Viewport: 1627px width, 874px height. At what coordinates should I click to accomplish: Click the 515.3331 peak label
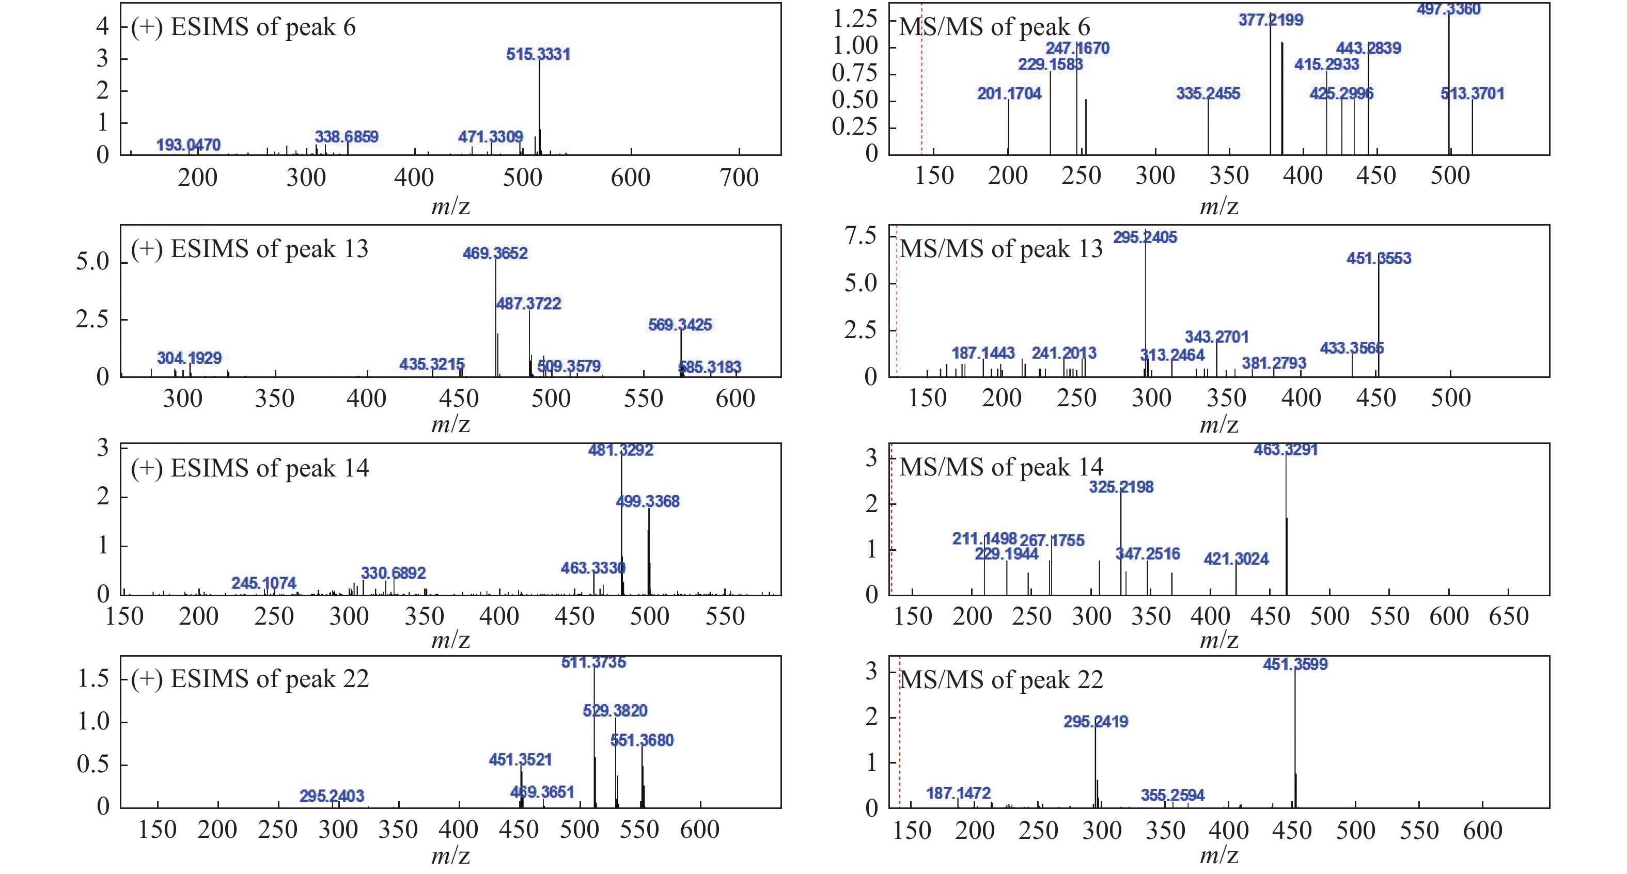[x=538, y=54]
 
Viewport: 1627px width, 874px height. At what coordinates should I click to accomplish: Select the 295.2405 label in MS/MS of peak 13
[x=1145, y=237]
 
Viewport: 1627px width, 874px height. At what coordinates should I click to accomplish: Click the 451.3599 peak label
[x=1295, y=664]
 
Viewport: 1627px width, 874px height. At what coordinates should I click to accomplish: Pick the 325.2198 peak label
[x=1121, y=487]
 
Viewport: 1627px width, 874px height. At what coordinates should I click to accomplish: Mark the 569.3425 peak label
[x=680, y=325]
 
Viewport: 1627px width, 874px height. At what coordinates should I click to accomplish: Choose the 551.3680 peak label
[x=642, y=740]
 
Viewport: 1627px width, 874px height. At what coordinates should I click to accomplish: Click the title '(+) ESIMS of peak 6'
[x=243, y=27]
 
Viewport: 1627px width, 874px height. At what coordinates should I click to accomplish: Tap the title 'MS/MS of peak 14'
[x=1001, y=467]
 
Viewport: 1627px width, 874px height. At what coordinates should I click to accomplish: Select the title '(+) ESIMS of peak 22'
[x=249, y=679]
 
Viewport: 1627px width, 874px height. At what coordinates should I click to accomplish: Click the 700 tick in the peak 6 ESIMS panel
[x=739, y=178]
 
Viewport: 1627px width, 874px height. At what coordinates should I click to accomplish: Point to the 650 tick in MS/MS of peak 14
[x=1508, y=616]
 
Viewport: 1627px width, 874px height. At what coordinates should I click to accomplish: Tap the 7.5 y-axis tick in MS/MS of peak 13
[x=860, y=236]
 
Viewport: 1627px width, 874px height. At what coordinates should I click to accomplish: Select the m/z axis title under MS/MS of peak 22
[x=1218, y=856]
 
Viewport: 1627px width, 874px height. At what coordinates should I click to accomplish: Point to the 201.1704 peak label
[x=1009, y=94]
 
